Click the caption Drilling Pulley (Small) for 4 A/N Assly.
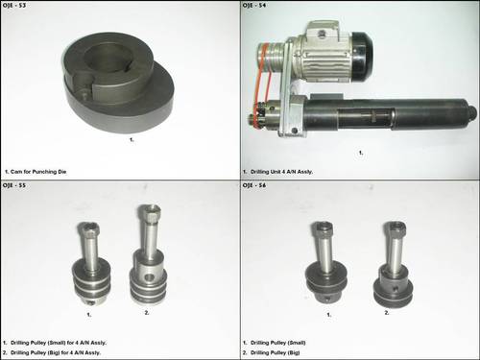click(67, 341)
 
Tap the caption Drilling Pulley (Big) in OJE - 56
click(282, 351)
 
